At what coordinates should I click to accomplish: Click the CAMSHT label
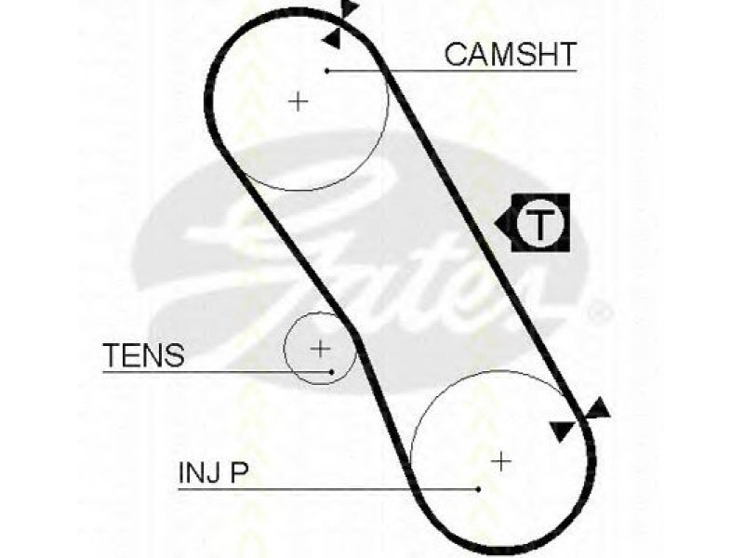click(510, 54)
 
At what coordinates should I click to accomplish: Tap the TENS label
click(144, 355)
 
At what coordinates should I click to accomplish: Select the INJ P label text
click(214, 472)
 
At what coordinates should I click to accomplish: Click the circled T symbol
click(539, 222)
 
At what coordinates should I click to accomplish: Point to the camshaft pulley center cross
click(299, 101)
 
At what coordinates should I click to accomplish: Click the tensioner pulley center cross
click(320, 349)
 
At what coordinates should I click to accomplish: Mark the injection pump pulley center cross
click(501, 461)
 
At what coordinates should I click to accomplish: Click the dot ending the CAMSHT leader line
click(327, 72)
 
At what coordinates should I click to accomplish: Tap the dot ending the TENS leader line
click(332, 372)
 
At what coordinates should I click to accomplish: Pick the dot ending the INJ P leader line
click(479, 489)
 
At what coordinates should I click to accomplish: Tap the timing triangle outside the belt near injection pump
click(597, 409)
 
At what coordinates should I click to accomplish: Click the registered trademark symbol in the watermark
click(600, 312)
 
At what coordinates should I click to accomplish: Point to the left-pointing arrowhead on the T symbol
click(503, 222)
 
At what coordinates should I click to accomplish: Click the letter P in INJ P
click(240, 472)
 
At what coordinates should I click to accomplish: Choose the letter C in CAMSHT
click(456, 54)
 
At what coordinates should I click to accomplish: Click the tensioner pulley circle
click(285, 349)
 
